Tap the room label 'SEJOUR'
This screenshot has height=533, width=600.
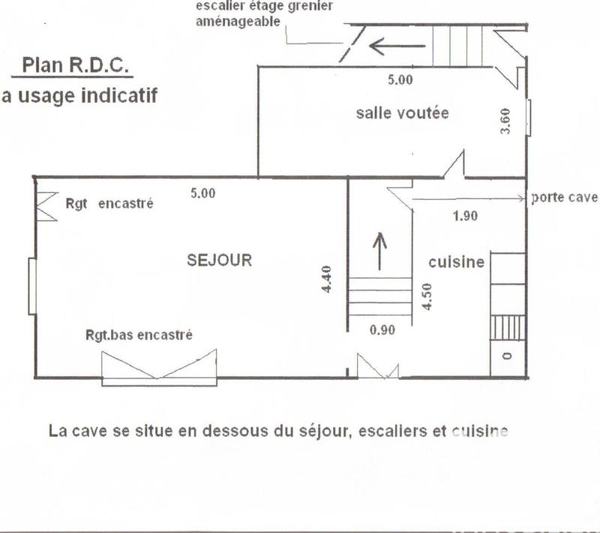(x=219, y=260)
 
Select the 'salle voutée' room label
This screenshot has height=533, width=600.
(x=402, y=113)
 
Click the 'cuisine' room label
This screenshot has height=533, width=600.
(x=456, y=262)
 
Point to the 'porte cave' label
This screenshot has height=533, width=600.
(x=563, y=198)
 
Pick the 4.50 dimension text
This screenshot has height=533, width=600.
(x=426, y=297)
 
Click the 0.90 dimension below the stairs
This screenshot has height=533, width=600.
(x=382, y=329)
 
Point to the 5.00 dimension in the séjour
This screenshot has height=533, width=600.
(x=202, y=193)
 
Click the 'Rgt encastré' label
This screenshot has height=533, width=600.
(x=109, y=203)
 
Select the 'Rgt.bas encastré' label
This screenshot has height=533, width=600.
(x=139, y=335)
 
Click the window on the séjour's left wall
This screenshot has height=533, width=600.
(x=32, y=286)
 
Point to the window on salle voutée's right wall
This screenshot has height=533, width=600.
(x=529, y=118)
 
